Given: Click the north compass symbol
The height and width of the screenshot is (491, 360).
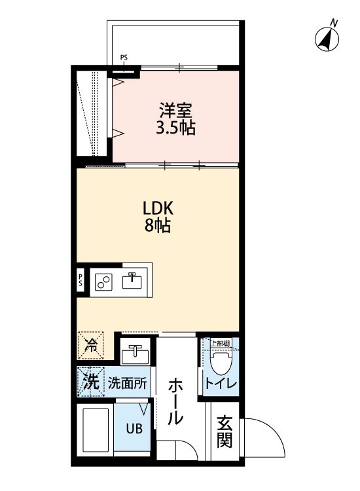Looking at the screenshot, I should click(x=327, y=39).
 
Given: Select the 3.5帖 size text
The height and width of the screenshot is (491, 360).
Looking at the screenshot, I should click(x=175, y=128).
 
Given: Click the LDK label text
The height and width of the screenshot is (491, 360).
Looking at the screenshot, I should click(x=158, y=209).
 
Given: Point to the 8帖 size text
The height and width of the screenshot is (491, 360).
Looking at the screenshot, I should click(x=158, y=227).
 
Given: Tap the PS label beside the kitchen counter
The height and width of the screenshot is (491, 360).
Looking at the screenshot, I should click(x=81, y=281).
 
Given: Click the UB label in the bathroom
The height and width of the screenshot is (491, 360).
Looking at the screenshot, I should click(x=133, y=429).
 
